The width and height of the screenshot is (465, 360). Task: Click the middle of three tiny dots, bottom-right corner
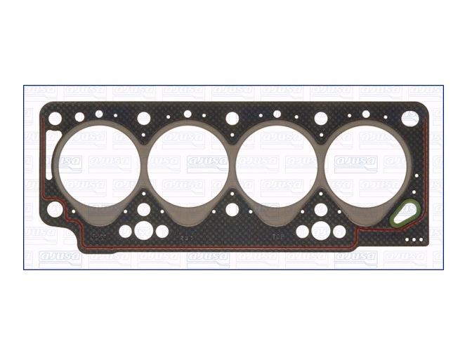click(x=415, y=240)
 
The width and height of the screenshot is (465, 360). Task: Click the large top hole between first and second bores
click(x=144, y=117)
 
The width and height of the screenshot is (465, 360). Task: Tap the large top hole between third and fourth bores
click(x=321, y=117)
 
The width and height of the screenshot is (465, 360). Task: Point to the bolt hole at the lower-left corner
click(x=54, y=209)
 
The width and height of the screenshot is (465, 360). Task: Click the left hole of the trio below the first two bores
click(x=126, y=231)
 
